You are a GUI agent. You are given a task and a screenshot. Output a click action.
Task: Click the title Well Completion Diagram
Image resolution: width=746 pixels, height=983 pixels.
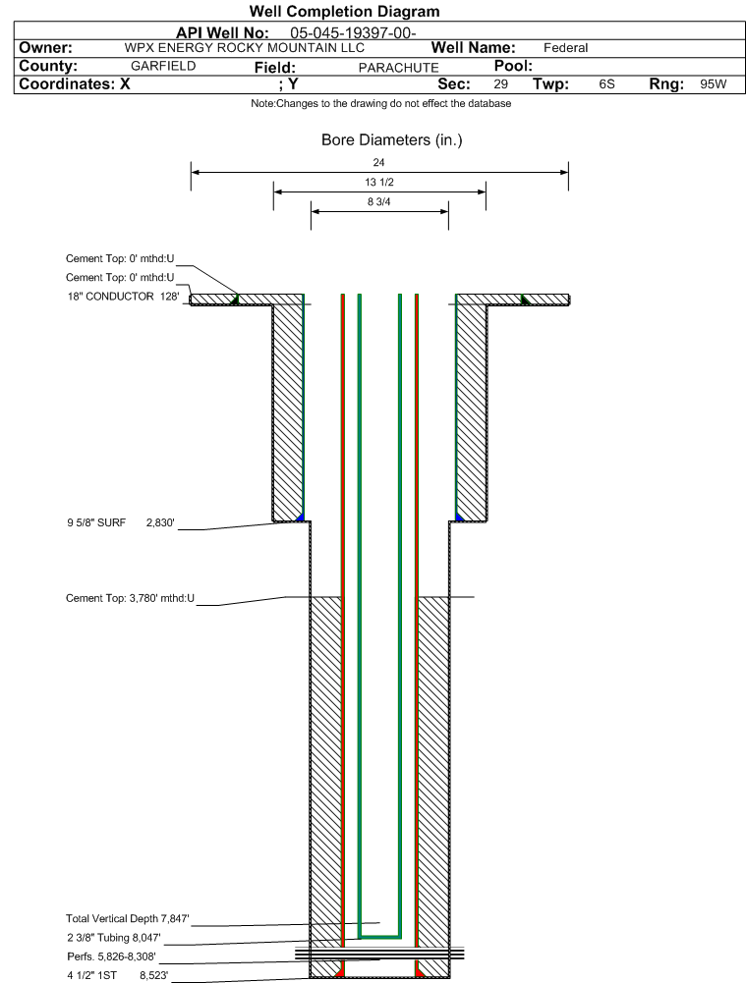point(344,11)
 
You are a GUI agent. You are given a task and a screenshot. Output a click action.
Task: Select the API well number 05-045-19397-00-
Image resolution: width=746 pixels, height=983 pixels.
point(353,33)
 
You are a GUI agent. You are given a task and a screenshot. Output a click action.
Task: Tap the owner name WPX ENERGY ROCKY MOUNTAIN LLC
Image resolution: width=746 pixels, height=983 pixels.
point(244,48)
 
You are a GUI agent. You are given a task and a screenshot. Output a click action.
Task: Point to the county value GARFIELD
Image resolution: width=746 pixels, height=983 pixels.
point(163,66)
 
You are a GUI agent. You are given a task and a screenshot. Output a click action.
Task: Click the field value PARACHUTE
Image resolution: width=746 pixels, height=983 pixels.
point(398,68)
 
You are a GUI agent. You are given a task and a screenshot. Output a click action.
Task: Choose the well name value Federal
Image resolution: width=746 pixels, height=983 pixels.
point(565,48)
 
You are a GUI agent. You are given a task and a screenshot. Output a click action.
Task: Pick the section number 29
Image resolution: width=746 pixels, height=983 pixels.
point(500,84)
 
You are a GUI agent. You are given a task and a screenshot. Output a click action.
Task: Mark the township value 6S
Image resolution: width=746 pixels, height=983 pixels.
point(606,84)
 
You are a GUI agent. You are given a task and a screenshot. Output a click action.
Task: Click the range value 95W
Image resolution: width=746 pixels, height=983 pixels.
point(714,84)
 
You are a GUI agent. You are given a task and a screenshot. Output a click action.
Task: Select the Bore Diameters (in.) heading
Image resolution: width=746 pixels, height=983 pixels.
point(391,139)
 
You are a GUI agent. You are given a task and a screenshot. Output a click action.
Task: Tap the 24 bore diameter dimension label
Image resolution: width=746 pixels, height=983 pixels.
point(378,162)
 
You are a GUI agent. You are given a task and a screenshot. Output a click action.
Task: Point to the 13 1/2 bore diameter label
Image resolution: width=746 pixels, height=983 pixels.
point(379,182)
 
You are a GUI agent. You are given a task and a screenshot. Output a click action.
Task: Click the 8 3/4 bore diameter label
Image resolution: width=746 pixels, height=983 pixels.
point(379,202)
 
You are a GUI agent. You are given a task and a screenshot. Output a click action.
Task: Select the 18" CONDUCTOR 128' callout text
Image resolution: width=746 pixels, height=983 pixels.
point(123,296)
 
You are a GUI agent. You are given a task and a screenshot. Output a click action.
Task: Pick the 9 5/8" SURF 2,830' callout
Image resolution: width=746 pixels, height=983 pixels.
point(121,522)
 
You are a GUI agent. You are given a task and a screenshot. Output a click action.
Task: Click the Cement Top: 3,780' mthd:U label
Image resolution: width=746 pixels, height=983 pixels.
point(130,598)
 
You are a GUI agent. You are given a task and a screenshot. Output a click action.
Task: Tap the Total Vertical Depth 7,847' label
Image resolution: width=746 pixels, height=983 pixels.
point(128,918)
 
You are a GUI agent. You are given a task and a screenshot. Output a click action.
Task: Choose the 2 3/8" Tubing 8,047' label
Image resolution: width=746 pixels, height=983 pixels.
point(114,938)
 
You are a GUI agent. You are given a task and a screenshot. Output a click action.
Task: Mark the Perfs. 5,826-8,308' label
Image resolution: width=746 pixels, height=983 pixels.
point(112,956)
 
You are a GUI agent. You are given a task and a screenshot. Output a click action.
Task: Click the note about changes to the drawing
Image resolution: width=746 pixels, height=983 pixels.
point(380,103)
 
